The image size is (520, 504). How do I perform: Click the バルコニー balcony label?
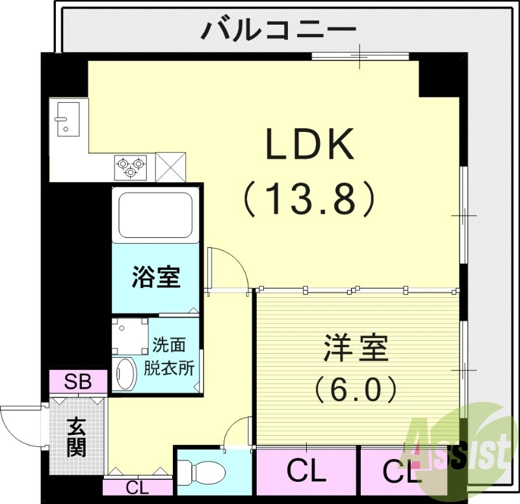point(279,30)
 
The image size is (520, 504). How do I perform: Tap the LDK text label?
point(309,144)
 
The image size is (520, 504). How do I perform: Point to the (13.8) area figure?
point(309,198)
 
